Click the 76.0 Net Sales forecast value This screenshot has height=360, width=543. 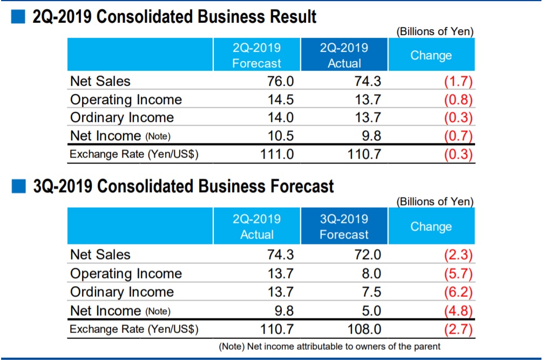click(281, 81)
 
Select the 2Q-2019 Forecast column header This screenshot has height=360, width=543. click(257, 55)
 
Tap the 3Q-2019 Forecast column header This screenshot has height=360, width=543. click(344, 227)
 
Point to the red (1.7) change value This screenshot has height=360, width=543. click(458, 81)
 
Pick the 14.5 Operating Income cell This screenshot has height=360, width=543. click(281, 100)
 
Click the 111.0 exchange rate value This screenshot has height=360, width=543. click(276, 154)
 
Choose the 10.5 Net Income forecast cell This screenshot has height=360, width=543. click(281, 135)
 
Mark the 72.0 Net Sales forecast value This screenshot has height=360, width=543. click(368, 255)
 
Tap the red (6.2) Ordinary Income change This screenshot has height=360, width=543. click(458, 292)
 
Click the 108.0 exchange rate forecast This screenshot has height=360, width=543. click(363, 329)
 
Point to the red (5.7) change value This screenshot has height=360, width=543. click(458, 274)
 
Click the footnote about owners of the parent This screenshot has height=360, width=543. click(329, 346)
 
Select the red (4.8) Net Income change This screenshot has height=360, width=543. click(458, 310)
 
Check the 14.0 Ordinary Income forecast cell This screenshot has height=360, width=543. click(281, 118)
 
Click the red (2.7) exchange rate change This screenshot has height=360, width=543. click(458, 329)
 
